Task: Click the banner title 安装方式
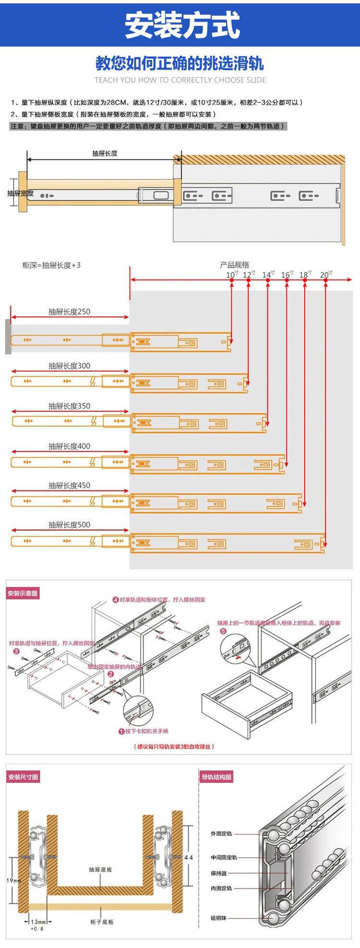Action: [182, 25]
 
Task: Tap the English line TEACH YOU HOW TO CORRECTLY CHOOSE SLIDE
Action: [180, 80]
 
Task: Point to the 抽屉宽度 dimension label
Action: [20, 193]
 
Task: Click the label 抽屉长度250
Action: [69, 312]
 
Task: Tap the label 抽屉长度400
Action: [69, 446]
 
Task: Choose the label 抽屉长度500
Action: [69, 525]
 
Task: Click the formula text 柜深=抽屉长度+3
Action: [51, 265]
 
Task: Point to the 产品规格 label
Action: [235, 265]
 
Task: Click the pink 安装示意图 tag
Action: [23, 594]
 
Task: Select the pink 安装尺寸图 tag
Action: [23, 777]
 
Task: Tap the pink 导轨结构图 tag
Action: [216, 777]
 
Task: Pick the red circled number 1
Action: [121, 731]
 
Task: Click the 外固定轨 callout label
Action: [221, 834]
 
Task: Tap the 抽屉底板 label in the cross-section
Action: [101, 870]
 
